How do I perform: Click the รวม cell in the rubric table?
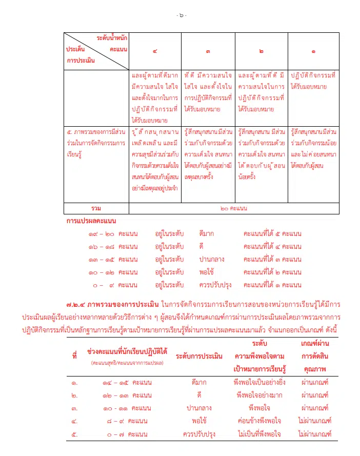click(x=96, y=208)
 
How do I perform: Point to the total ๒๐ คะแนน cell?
click(x=233, y=208)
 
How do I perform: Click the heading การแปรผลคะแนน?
click(x=91, y=221)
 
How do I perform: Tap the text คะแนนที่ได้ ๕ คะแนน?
click(x=272, y=233)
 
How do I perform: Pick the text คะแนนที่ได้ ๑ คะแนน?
click(x=272, y=285)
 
